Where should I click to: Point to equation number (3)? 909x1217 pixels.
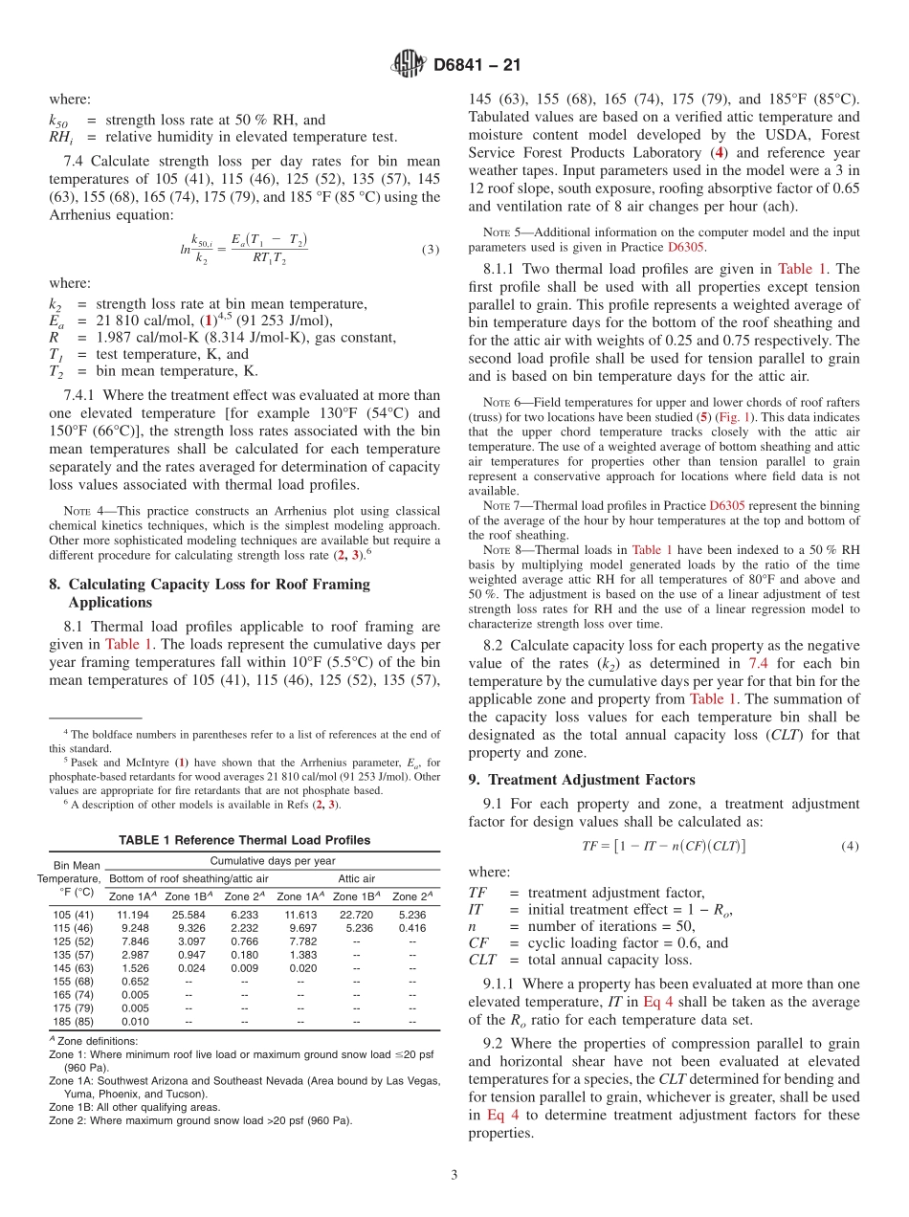[x=430, y=250]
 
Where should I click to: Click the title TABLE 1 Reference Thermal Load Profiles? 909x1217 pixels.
[x=244, y=840]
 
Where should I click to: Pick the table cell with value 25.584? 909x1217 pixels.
[x=188, y=914]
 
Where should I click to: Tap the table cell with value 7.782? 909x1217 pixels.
[x=302, y=940]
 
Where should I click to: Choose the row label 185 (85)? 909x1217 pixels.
[x=74, y=1021]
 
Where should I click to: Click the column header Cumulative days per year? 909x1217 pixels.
[x=273, y=860]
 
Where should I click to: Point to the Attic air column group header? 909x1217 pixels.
[x=356, y=877]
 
